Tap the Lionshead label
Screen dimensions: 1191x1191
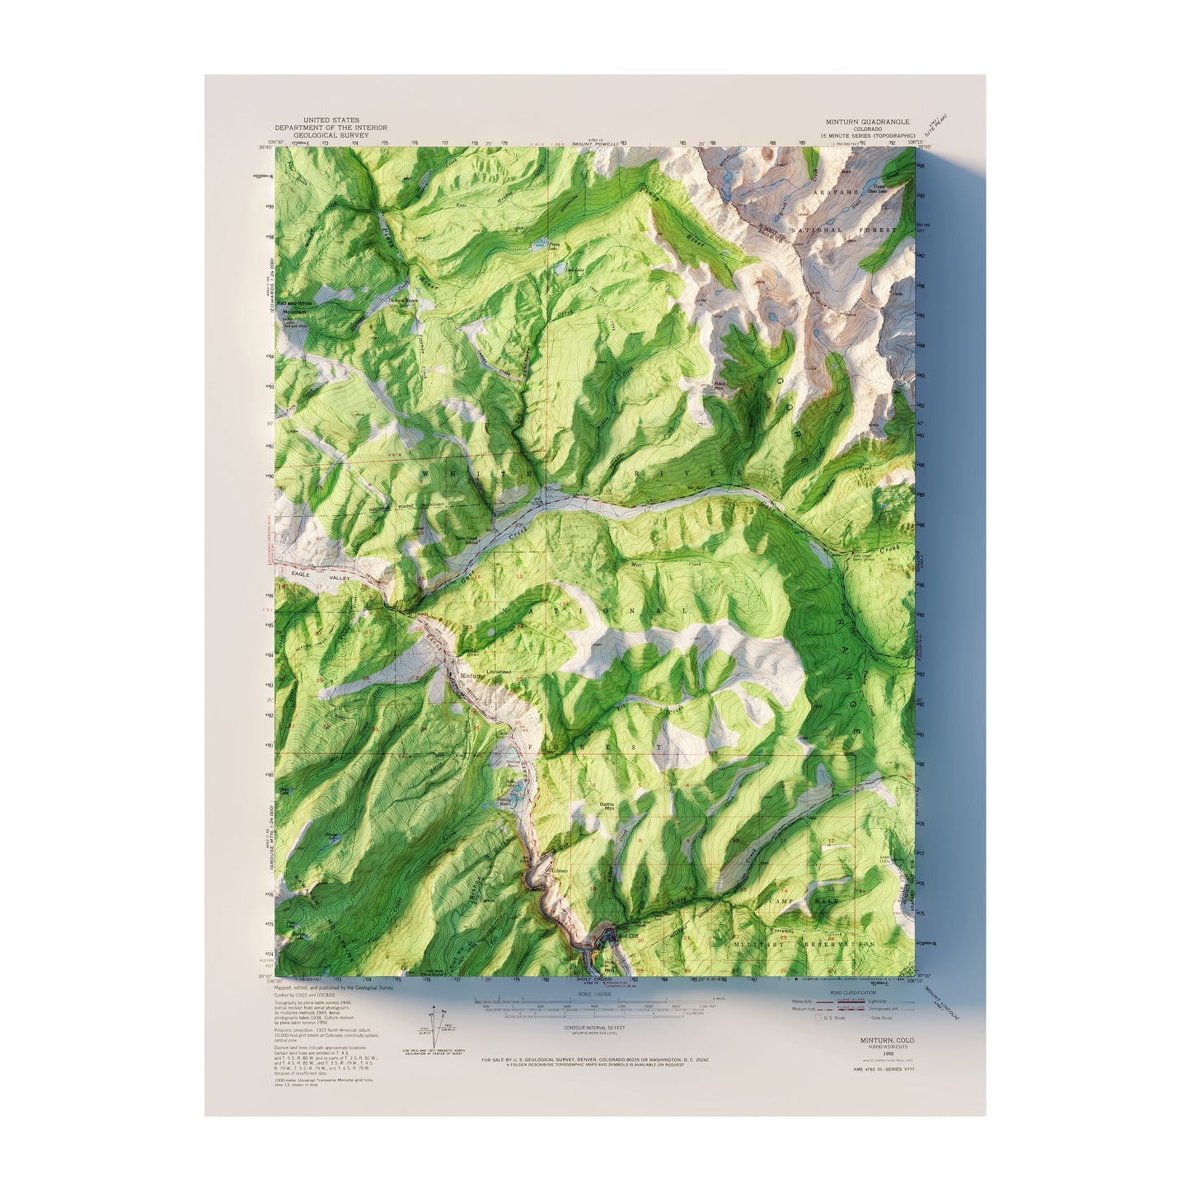pyautogui.click(x=499, y=673)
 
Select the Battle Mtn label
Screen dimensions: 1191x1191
pyautogui.click(x=607, y=805)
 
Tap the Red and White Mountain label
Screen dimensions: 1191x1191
pyautogui.click(x=294, y=307)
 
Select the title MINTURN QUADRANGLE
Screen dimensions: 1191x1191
pyautogui.click(x=868, y=122)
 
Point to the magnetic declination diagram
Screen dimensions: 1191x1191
pyautogui.click(x=438, y=1029)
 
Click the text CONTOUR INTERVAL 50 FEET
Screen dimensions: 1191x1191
pyautogui.click(x=594, y=1028)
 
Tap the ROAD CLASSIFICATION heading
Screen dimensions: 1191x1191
pyautogui.click(x=853, y=993)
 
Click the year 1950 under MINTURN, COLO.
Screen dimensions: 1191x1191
pyautogui.click(x=888, y=1053)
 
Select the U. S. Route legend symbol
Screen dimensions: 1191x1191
pyautogui.click(x=818, y=1018)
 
